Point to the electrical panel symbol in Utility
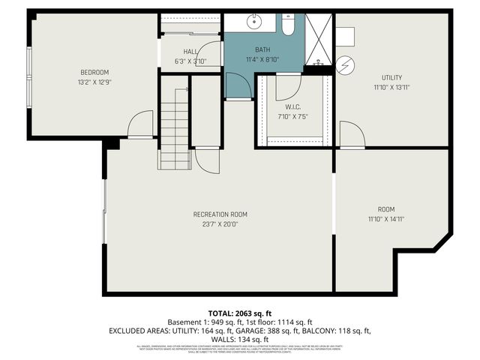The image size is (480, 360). coord(346,65)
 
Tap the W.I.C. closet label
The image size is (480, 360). coord(292,106)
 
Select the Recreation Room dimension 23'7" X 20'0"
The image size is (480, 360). coord(220,223)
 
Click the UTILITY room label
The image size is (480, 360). coord(391,77)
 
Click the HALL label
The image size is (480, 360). coord(190,51)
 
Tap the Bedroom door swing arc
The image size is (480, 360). coord(140,124)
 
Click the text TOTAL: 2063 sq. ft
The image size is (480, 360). coord(239,313)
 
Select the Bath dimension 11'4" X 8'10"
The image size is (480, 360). coord(262,59)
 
